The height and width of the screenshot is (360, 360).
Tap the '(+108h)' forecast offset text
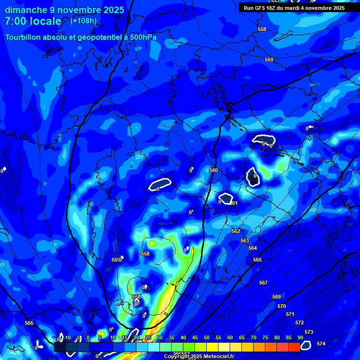83,21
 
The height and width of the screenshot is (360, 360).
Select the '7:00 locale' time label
33,21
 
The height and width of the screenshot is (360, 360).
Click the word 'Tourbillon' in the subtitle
27,37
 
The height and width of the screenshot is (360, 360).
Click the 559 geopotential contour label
269,60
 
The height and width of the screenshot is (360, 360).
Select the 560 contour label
214,170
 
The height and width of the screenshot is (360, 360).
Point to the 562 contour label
236,231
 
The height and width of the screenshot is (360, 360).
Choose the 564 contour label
253,248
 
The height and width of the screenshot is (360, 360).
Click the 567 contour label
263,283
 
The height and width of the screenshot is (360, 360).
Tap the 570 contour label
281,306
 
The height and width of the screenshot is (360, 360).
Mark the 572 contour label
300,322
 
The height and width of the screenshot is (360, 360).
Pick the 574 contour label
321,344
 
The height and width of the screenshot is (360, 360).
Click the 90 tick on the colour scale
300,337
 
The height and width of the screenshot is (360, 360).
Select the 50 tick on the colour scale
207,337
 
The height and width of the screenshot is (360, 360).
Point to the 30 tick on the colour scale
160,337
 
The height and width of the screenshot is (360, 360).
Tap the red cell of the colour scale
294,347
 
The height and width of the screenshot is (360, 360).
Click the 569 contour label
277,297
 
